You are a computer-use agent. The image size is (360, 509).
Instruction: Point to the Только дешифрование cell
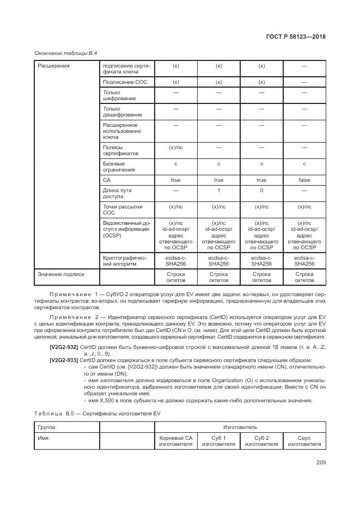115,112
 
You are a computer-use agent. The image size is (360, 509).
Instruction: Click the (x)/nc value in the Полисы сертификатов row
175,147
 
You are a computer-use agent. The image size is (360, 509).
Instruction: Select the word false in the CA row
304,180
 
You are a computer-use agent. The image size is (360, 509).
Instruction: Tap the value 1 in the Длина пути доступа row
218,191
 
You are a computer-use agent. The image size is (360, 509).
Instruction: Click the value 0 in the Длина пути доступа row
261,191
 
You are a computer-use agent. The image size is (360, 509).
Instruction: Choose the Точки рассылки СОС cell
115,210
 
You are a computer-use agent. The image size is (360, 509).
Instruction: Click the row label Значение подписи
61,274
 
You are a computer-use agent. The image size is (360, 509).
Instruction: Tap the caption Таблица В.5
53,413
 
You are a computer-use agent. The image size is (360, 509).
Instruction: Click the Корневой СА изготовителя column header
175,441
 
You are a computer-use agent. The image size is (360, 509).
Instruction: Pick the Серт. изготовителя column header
304,441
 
